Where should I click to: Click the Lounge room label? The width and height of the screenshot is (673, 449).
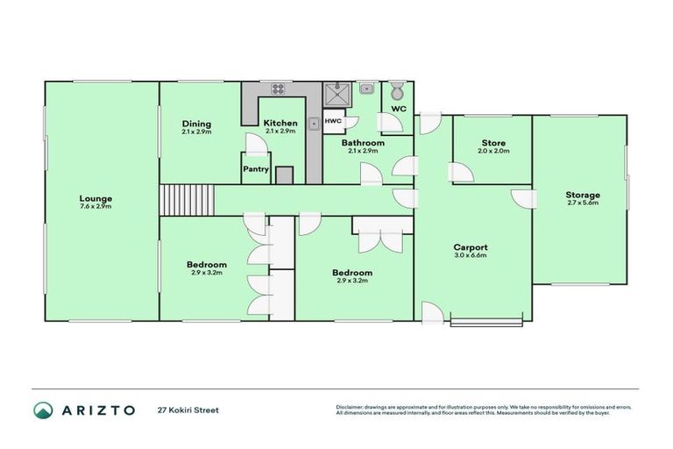click(x=96, y=198)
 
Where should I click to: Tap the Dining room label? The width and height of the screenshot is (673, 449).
click(x=196, y=123)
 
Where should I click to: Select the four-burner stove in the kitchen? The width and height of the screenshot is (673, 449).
click(x=280, y=89)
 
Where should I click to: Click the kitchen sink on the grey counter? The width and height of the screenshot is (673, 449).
click(x=313, y=124)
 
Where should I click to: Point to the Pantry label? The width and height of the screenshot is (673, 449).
click(x=255, y=169)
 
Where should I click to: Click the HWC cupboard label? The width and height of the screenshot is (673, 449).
click(x=333, y=121)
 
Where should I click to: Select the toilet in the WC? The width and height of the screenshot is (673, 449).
click(x=397, y=90)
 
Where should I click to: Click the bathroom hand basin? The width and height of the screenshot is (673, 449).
click(x=366, y=89)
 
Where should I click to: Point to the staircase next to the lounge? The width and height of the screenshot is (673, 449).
click(x=187, y=199)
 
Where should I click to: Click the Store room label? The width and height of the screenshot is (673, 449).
click(x=493, y=143)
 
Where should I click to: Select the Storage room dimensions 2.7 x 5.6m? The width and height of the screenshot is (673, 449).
click(x=582, y=203)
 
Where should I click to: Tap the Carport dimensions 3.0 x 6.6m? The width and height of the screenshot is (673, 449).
click(x=470, y=256)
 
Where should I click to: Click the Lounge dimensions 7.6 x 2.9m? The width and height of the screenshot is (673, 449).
click(x=96, y=207)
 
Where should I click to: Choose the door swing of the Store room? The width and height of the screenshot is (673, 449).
click(x=462, y=172)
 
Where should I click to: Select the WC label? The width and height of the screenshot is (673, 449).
click(x=399, y=109)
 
